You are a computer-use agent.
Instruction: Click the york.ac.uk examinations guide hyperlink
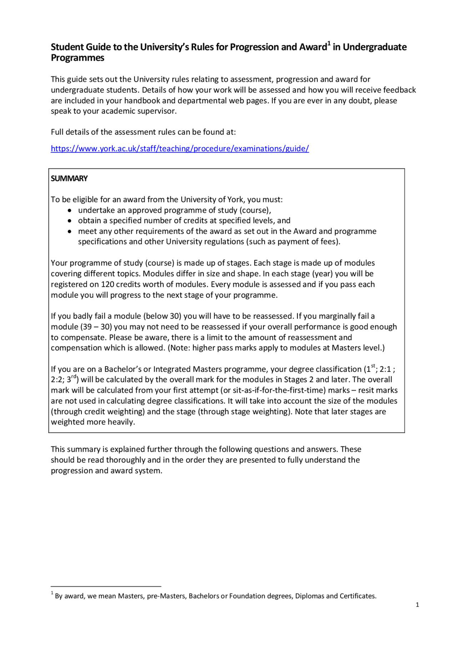click(180, 149)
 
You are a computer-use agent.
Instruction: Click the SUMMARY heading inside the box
click(69, 179)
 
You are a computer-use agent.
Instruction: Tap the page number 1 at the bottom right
click(417, 605)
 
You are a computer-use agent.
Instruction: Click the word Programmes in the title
click(77, 58)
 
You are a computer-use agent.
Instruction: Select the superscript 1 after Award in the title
click(329, 44)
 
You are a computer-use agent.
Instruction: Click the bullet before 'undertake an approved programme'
click(70, 210)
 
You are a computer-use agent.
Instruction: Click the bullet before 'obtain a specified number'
click(70, 221)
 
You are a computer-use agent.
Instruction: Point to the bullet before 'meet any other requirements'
click(70, 232)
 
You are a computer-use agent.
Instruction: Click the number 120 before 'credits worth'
click(107, 284)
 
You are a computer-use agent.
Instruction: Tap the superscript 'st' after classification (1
click(373, 366)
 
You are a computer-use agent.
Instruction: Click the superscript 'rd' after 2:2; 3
click(74, 377)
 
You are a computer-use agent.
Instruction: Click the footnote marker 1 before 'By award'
click(52, 593)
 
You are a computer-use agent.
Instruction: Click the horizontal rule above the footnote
click(106, 586)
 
